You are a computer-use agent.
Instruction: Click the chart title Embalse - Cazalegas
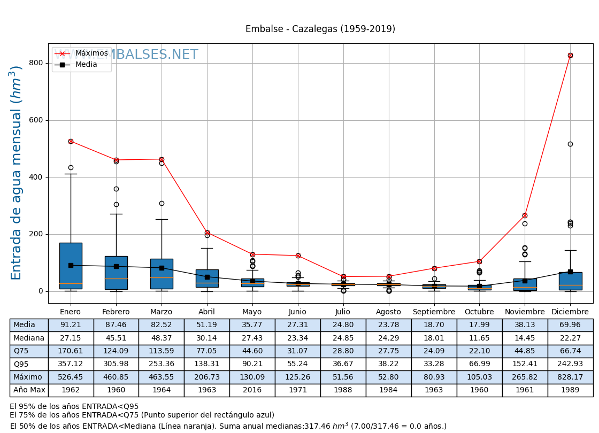(320, 29)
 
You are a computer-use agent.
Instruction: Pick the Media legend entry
(86, 65)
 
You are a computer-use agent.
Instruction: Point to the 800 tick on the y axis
(36, 63)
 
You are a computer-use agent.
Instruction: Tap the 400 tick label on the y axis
(36, 177)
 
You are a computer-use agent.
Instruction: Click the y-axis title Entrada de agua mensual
(17, 173)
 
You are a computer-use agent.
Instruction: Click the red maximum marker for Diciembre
(570, 55)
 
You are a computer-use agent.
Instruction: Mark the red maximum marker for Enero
(71, 141)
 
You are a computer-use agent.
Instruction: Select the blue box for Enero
(71, 266)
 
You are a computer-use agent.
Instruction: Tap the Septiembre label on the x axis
(434, 312)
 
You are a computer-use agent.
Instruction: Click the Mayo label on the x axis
(252, 312)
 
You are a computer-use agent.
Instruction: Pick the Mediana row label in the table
(29, 338)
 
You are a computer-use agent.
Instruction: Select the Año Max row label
(29, 390)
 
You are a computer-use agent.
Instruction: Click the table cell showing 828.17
(570, 377)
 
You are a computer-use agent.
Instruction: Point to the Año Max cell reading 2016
(252, 390)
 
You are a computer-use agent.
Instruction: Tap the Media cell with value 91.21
(71, 325)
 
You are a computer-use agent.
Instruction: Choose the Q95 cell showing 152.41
(525, 364)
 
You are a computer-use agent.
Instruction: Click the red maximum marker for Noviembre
(525, 215)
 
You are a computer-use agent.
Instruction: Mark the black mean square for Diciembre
(570, 272)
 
